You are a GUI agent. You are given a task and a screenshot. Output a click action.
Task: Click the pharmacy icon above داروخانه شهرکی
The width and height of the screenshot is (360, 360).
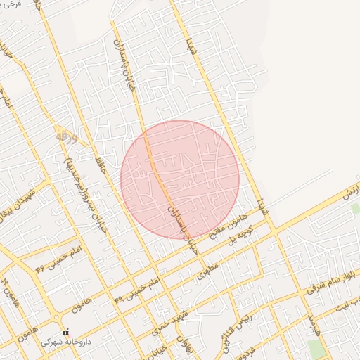[x=66, y=332]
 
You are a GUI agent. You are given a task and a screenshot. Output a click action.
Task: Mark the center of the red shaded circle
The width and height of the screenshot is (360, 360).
[x=180, y=179]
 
